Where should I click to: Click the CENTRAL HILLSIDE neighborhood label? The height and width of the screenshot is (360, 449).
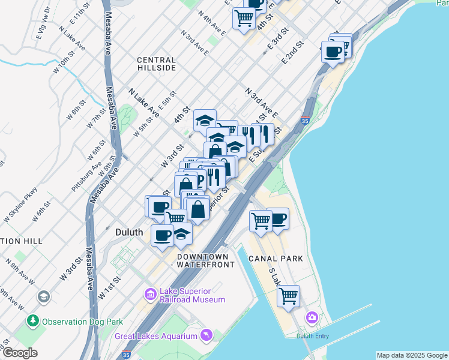pos(156,64)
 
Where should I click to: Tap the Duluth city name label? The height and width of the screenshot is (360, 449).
pos(128,232)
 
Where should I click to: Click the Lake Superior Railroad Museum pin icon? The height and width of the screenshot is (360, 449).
pos(150,294)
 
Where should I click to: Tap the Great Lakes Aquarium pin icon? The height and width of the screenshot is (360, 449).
pos(206,334)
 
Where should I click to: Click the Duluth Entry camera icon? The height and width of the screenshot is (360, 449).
pos(312,317)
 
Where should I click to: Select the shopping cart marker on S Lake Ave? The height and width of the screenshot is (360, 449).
pos(289,295)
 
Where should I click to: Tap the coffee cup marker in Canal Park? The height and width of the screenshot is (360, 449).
pos(277,218)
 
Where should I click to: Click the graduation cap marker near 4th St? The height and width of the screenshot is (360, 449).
pos(205,120)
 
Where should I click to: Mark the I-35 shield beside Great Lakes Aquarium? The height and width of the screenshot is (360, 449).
pos(126,354)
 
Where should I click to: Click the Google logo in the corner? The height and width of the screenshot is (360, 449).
pos(20,353)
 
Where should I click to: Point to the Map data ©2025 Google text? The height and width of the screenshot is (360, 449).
pos(411,355)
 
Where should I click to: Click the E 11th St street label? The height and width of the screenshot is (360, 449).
pos(79,13)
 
